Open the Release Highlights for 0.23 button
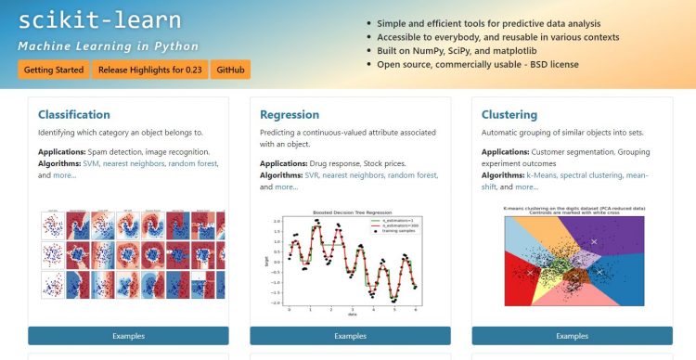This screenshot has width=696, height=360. pos(149,70)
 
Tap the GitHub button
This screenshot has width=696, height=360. pos(230,70)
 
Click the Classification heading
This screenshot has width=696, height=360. pos(74,115)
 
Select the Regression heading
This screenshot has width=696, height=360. pos(291,115)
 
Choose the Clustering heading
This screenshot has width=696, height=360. pos(509,115)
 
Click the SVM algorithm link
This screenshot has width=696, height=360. pos(91,163)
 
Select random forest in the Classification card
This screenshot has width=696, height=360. pos(193,163)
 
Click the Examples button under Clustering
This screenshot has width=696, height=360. pos(572,335)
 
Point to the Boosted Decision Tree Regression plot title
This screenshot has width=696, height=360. pos(351,213)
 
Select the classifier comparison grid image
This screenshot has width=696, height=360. pos(128,254)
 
